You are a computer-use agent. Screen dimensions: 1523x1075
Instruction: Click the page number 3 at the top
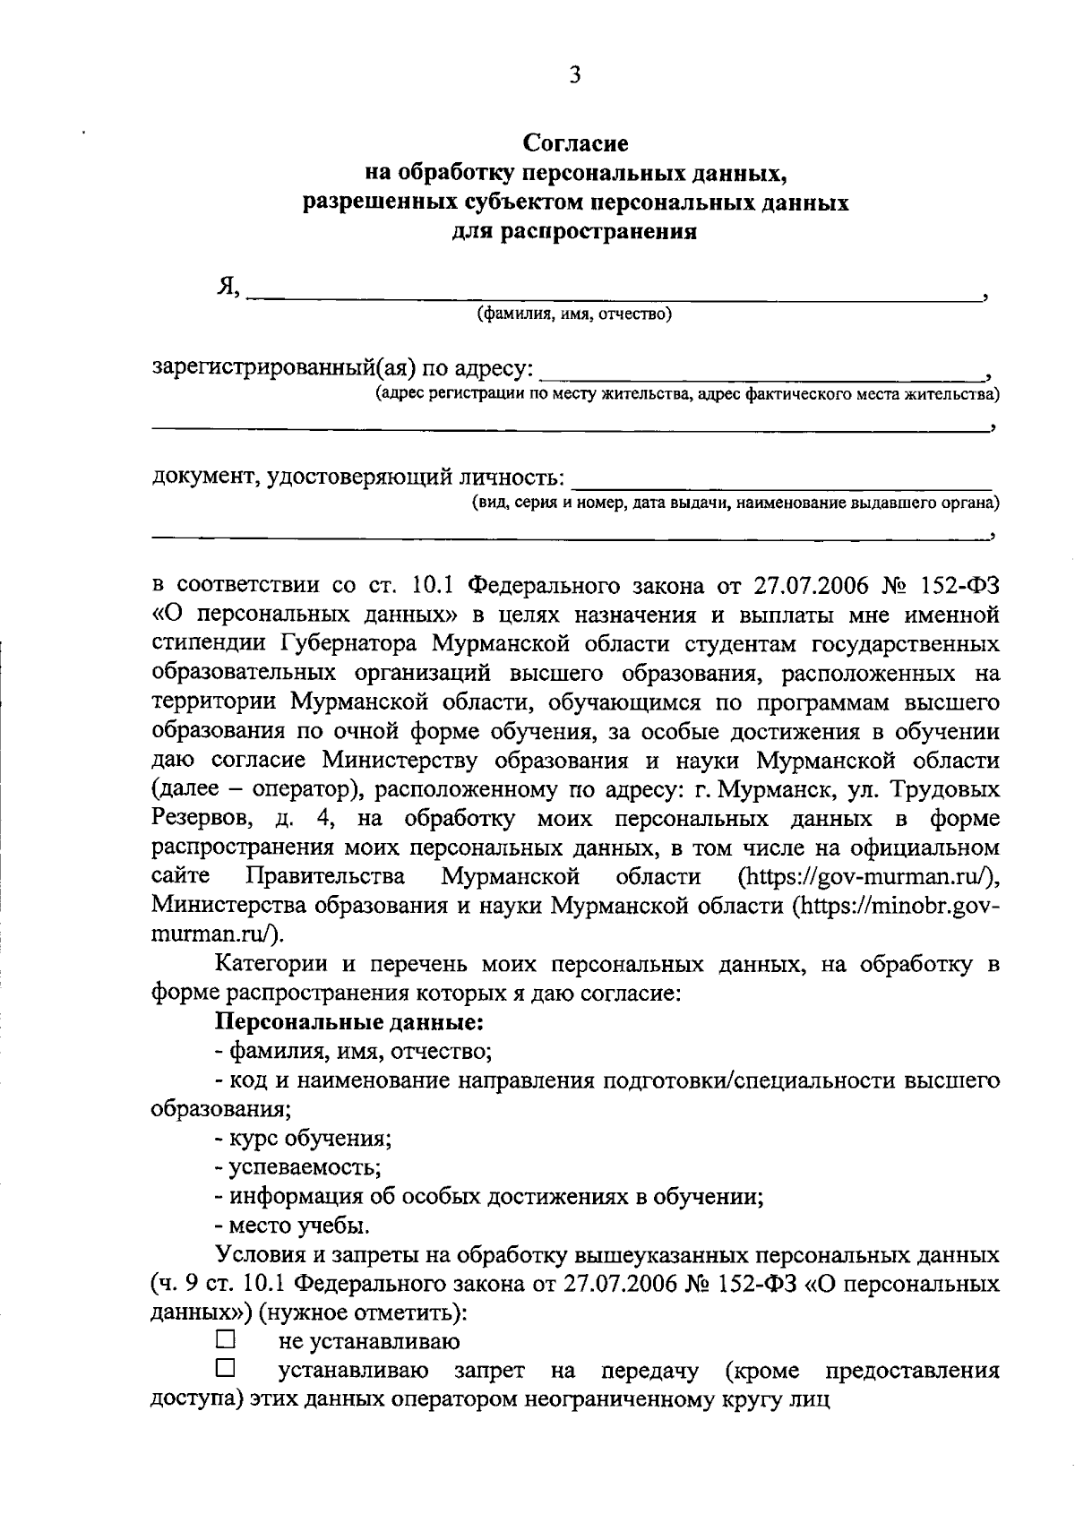pos(574,75)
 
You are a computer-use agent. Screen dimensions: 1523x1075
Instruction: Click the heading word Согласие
pos(575,143)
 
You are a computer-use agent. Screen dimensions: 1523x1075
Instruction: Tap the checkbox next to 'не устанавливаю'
pos(224,1340)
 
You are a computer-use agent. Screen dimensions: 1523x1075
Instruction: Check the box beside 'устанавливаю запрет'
pos(224,1369)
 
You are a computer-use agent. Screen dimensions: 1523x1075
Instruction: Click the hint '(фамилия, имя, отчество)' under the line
pos(574,314)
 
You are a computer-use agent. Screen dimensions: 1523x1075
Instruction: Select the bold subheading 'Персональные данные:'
pos(349,1020)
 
